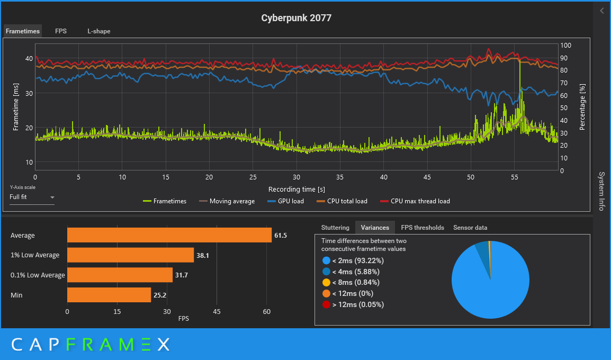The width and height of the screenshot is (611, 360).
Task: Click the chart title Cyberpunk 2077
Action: tap(296, 18)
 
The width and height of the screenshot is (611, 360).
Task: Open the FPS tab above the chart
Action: tap(61, 31)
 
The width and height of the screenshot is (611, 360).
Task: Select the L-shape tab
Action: tap(99, 31)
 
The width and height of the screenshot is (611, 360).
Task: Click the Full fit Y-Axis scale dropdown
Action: tap(32, 197)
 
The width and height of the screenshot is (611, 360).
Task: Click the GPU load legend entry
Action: tap(285, 201)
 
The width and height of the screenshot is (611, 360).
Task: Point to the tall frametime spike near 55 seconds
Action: tap(520, 69)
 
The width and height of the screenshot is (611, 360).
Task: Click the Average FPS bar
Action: tap(169, 235)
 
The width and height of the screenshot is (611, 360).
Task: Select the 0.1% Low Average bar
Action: tap(120, 275)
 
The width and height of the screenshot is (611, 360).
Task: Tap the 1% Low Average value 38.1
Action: tap(203, 255)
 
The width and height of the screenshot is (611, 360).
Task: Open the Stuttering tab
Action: tap(335, 228)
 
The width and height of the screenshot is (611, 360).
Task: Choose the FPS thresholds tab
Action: tap(422, 228)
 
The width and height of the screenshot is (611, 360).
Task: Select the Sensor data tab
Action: tap(470, 228)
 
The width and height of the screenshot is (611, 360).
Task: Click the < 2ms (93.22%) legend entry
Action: tap(353, 260)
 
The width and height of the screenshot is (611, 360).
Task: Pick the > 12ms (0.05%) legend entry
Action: tap(353, 304)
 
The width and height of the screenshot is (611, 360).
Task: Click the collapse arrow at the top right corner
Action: tap(602, 11)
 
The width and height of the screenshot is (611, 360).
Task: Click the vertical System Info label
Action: tap(601, 191)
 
